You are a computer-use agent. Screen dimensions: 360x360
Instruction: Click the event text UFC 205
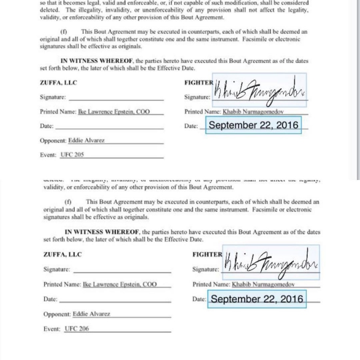[71, 154]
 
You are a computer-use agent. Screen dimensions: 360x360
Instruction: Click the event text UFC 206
[76, 328]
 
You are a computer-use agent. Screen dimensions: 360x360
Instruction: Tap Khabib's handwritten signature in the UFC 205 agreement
[259, 90]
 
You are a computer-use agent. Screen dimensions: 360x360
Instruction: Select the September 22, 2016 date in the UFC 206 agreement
[256, 299]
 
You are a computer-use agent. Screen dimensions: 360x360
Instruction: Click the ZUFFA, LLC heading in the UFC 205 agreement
[58, 83]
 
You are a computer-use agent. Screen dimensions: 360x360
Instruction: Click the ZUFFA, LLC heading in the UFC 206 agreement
[62, 254]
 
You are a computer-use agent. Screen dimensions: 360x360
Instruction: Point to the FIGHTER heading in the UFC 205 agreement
[199, 83]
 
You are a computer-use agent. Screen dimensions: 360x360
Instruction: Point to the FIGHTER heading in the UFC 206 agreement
[207, 254]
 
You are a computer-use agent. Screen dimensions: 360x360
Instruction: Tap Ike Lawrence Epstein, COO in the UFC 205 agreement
[114, 111]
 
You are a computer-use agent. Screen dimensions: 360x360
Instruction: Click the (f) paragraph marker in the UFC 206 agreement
[69, 201]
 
